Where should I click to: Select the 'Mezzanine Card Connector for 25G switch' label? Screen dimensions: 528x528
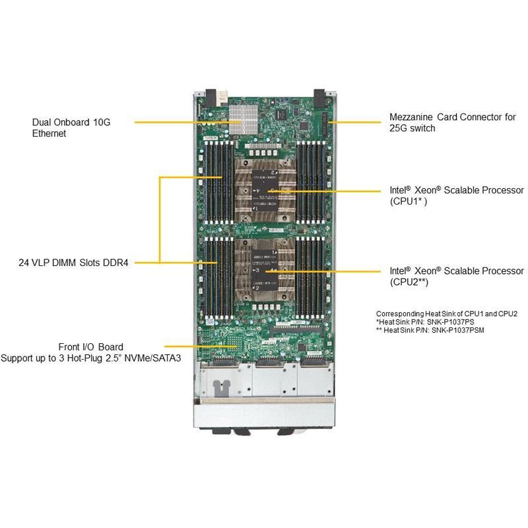tap(452, 123)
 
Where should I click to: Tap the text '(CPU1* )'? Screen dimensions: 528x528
tap(408, 201)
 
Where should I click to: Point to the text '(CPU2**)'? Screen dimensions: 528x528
tap(409, 282)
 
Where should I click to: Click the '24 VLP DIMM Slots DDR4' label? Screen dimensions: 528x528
tap(73, 263)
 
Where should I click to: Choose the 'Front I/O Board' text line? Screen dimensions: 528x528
tap(90, 346)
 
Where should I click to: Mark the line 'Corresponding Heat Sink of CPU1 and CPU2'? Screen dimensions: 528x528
tap(447, 313)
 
